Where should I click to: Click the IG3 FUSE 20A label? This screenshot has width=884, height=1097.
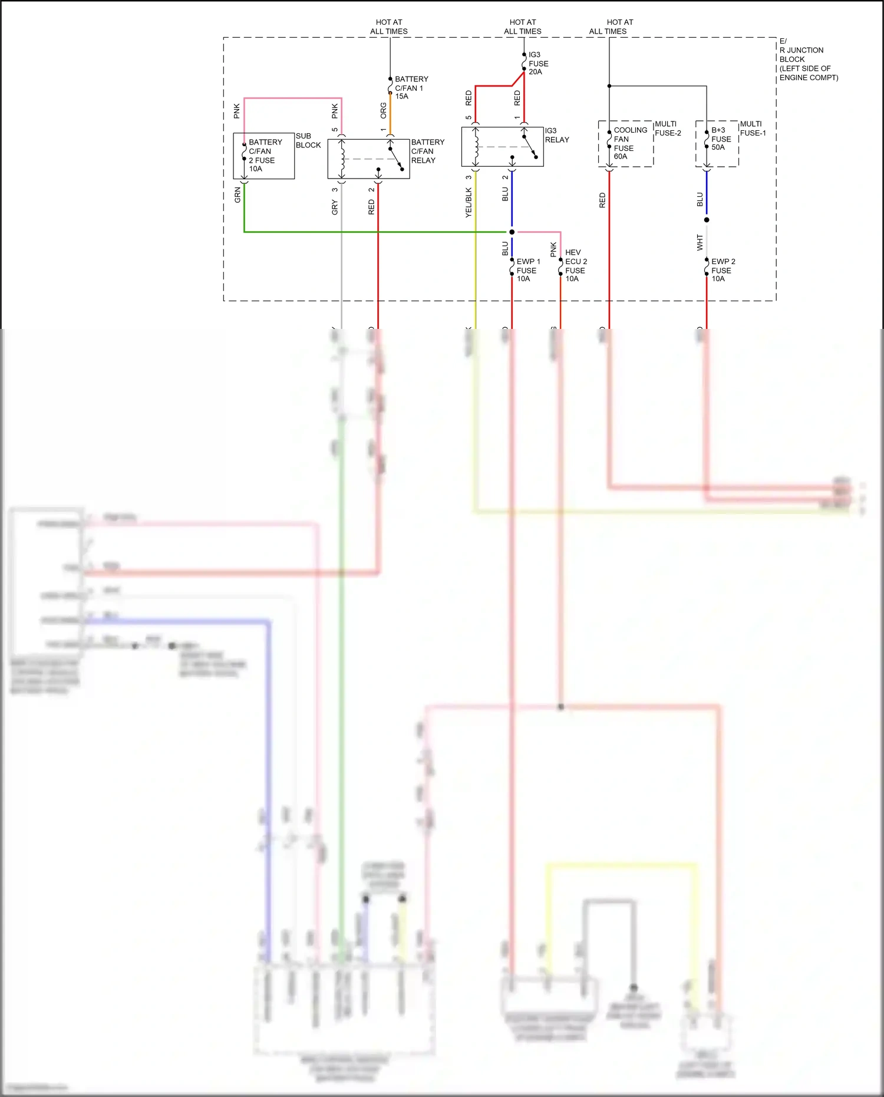[x=538, y=64]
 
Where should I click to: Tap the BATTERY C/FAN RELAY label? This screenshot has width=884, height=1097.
[x=427, y=151]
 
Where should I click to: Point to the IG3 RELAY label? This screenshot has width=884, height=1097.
[x=556, y=136]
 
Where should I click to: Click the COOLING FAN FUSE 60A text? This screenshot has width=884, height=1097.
[x=629, y=143]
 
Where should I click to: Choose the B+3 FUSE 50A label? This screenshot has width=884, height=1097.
[x=721, y=139]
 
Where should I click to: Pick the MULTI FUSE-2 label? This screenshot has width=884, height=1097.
[x=668, y=129]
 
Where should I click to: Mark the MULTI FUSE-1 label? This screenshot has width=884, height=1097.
[x=753, y=129]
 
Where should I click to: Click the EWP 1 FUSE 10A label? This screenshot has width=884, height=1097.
[x=527, y=270]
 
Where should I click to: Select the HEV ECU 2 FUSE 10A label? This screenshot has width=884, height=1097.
[x=575, y=266]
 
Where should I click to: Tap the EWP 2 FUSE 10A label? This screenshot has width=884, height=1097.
[x=723, y=270]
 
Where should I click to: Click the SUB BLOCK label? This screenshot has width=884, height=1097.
[x=308, y=140]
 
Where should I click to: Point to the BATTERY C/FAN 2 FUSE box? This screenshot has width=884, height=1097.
[x=264, y=156]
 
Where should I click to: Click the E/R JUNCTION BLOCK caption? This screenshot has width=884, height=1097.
[x=807, y=60]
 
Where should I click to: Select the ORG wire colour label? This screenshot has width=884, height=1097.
[x=384, y=111]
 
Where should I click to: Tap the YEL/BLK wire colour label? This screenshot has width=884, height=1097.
[x=469, y=202]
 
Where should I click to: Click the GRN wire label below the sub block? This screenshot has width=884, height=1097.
[x=238, y=195]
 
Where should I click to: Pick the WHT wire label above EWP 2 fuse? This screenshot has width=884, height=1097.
[x=700, y=242]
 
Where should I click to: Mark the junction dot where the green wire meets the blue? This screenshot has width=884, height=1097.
[x=512, y=232]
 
